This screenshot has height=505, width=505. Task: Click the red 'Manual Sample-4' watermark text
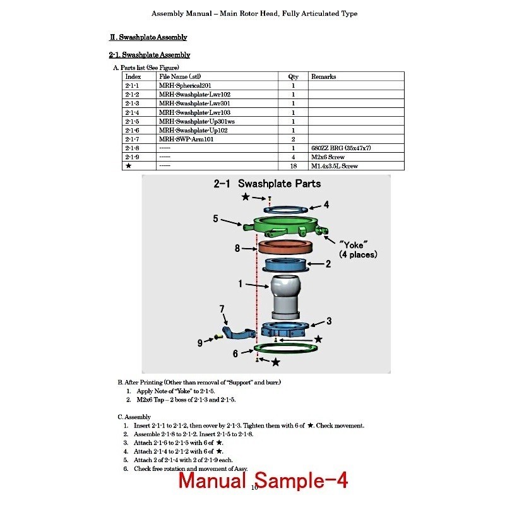point(263,480)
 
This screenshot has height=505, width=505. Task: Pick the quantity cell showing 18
point(293,166)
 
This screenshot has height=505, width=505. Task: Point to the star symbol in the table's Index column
point(129,165)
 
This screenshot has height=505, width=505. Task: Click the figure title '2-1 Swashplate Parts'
point(267,184)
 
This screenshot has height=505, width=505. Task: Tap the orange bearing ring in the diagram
point(285,247)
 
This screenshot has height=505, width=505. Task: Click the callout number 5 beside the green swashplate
point(215,218)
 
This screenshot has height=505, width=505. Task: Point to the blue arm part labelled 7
point(239,333)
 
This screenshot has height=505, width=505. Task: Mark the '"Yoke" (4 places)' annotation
point(358,250)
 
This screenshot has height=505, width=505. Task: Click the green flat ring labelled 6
point(286,348)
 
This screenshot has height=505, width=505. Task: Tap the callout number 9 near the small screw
point(200,343)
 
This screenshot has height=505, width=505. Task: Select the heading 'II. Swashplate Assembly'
point(148,37)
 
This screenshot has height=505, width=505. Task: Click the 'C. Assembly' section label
point(134,417)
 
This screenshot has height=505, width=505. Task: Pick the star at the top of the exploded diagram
point(246,196)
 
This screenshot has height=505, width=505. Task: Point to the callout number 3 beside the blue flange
point(329,321)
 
